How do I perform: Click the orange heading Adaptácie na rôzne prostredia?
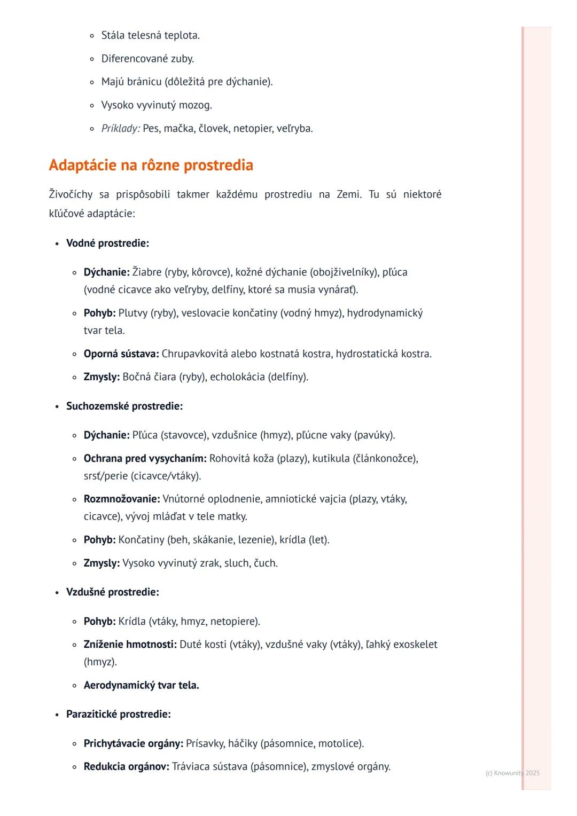click(151, 165)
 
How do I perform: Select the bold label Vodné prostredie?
click(107, 243)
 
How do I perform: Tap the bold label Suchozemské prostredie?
click(124, 406)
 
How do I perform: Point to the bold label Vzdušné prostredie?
click(112, 592)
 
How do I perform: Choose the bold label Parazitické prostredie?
click(118, 714)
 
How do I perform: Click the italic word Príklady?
click(121, 128)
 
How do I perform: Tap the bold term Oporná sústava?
click(121, 354)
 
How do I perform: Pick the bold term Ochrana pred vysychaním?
click(145, 458)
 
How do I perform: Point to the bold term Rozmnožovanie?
click(122, 499)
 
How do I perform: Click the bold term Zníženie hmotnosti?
click(130, 644)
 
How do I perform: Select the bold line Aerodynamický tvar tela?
click(141, 685)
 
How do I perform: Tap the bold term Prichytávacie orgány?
click(133, 743)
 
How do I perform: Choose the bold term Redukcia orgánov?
click(126, 766)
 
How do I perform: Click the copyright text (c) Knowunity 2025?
click(512, 773)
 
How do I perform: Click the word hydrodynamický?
click(385, 312)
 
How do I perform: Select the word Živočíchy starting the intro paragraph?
click(71, 194)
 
